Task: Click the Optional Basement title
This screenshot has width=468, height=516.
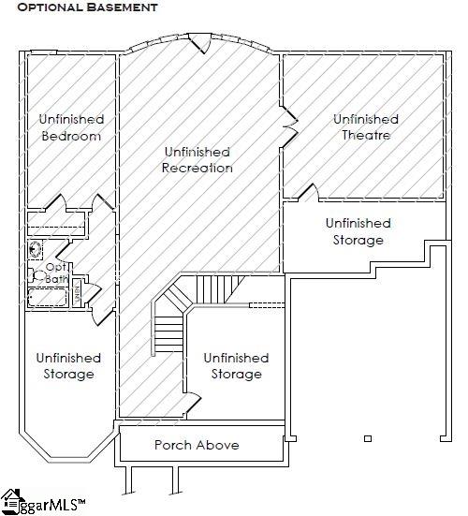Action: click(85, 7)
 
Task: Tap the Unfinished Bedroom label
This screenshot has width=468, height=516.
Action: click(71, 128)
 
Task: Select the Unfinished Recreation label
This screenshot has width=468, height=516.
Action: click(197, 160)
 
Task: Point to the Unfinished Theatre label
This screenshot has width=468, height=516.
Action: click(366, 127)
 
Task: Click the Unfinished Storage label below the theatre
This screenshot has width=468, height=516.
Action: click(358, 231)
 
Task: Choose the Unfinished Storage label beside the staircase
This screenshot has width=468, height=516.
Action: click(236, 366)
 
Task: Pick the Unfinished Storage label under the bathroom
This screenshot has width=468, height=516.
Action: click(68, 366)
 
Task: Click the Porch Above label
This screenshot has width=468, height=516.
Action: click(197, 445)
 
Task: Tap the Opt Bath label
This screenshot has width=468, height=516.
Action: click(57, 273)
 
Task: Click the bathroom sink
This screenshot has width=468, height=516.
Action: click(36, 250)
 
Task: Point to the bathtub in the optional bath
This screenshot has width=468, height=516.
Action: click(47, 298)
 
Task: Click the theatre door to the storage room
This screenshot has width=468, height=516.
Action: click(307, 193)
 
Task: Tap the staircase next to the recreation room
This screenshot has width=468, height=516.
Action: click(171, 318)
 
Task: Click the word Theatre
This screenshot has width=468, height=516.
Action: click(366, 136)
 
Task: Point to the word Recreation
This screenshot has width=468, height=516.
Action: click(197, 169)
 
